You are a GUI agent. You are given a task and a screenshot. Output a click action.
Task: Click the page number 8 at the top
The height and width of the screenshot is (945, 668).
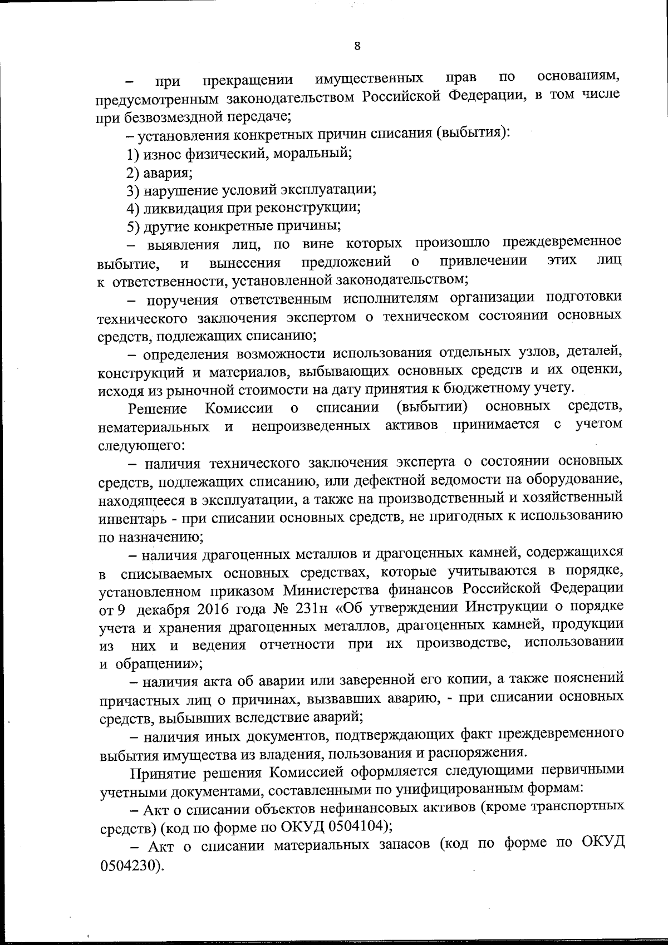[357, 46]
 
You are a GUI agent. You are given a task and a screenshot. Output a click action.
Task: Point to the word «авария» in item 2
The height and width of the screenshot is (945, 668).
[168, 172]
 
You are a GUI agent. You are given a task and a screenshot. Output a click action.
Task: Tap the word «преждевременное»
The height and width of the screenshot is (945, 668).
[562, 243]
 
